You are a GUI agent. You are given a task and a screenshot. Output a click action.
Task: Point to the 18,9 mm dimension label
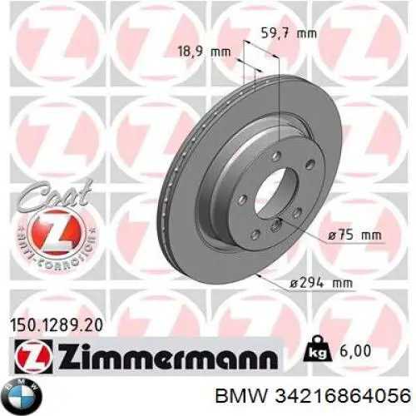(x=205, y=51)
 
